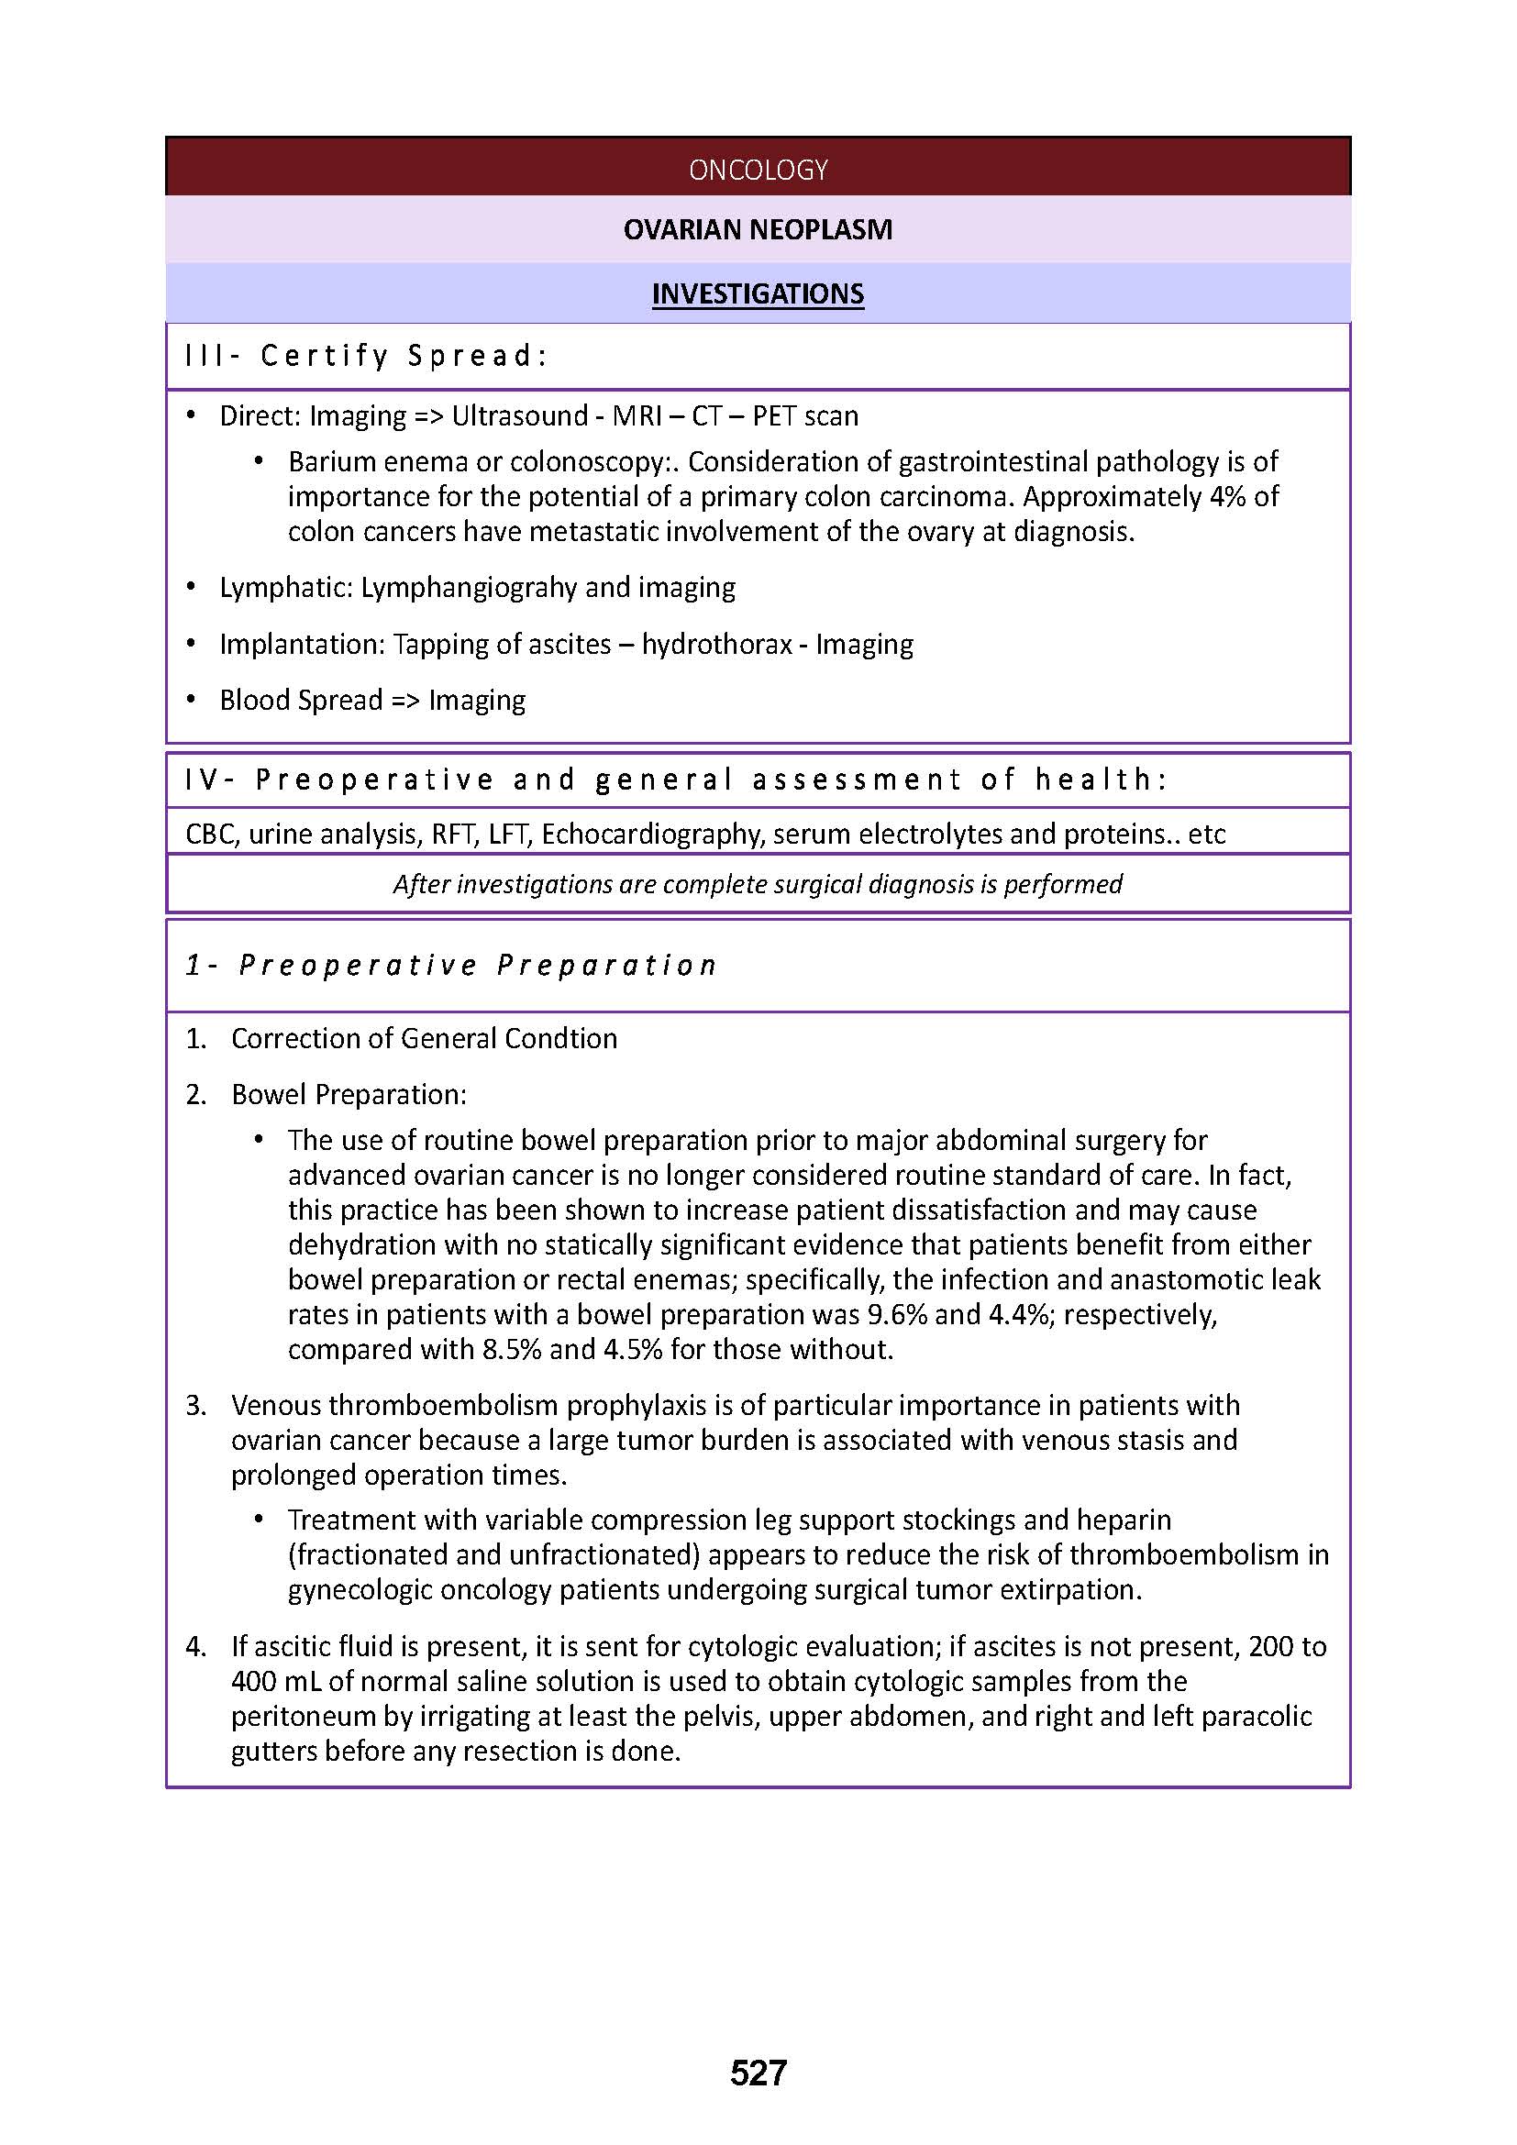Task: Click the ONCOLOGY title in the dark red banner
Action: [x=758, y=169]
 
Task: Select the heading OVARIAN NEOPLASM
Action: [x=758, y=230]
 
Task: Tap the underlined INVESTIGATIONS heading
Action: [x=758, y=293]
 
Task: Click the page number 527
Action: [x=758, y=2073]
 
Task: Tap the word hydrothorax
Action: [x=716, y=645]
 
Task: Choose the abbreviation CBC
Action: [x=212, y=834]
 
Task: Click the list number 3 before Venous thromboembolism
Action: [x=194, y=1405]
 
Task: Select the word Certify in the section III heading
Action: [x=323, y=356]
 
